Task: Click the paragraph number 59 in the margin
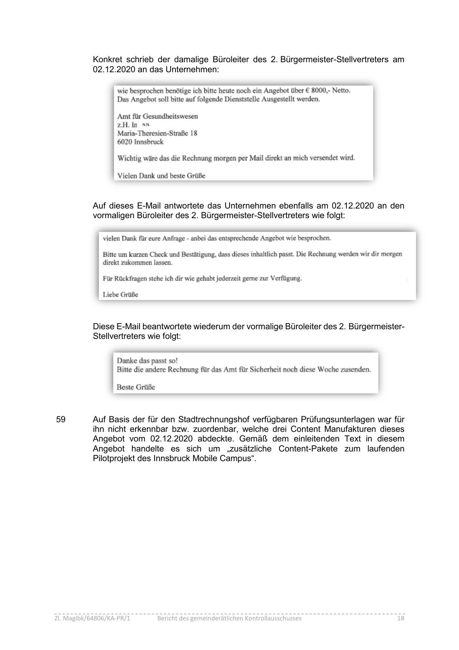point(61,419)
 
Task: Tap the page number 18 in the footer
point(401,618)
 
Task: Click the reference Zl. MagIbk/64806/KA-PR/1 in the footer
point(92,618)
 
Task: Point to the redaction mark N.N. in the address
point(146,125)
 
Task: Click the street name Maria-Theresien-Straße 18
point(157,133)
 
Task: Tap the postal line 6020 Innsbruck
point(140,142)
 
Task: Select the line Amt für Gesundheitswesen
point(157,116)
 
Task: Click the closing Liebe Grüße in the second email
point(120,295)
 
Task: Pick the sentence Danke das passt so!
point(147,361)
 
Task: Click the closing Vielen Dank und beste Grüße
point(161,176)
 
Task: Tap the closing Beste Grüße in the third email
point(136,387)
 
